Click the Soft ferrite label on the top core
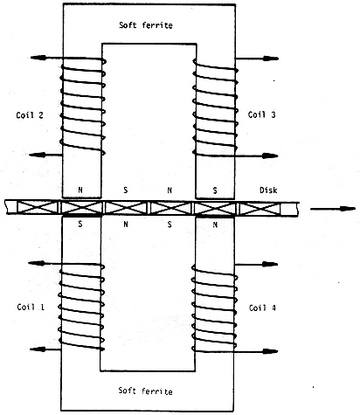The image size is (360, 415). [146, 25]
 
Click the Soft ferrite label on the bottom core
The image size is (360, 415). [145, 391]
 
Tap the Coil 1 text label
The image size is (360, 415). [31, 307]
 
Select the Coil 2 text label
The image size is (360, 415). [30, 115]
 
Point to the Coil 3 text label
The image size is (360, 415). [261, 114]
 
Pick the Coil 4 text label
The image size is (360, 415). [262, 308]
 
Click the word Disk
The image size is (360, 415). [268, 190]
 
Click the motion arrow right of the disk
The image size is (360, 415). [333, 209]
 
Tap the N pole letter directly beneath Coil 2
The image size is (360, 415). [80, 190]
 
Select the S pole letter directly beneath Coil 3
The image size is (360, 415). [215, 190]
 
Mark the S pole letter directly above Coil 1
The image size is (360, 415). [80, 224]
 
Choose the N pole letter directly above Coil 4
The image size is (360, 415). [215, 225]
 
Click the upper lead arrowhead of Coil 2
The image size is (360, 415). [38, 58]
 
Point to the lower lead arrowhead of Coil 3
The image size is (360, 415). [270, 156]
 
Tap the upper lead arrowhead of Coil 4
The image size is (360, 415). [270, 264]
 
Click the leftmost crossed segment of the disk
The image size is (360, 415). [38, 208]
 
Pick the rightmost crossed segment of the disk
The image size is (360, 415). [260, 209]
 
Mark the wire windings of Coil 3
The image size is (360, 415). [215, 107]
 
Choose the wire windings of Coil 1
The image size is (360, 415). [81, 308]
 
